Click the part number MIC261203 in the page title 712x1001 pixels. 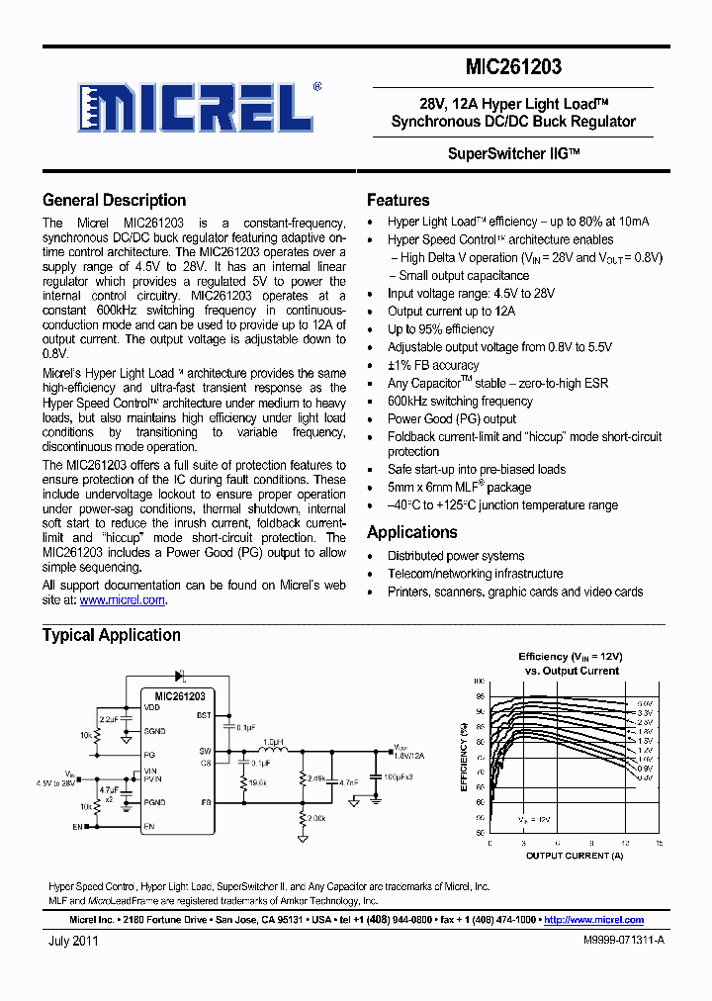(513, 67)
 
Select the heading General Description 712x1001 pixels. (114, 200)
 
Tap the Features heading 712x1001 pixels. (398, 200)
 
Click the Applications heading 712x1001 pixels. (411, 532)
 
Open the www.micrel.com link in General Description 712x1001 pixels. (122, 599)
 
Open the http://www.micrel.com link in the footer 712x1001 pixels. (593, 919)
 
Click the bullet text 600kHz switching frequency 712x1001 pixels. (460, 401)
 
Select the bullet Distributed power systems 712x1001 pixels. (456, 556)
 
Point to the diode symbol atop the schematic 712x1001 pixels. (182, 677)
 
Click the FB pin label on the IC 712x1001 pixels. (206, 802)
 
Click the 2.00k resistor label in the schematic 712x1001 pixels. (317, 820)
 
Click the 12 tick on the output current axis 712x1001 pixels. (625, 843)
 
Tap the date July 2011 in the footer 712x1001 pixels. (73, 942)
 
